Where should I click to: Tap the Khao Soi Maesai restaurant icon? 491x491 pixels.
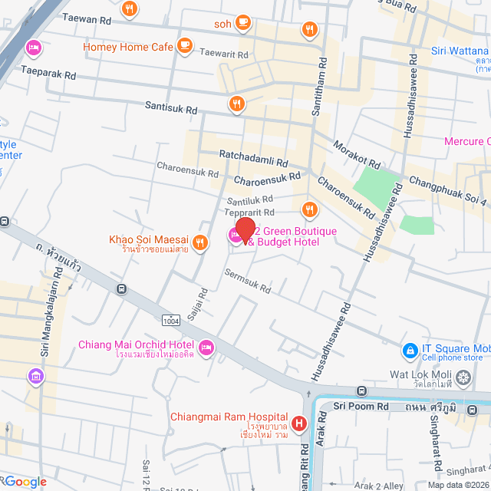tap(199, 243)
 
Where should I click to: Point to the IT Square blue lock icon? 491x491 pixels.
tap(410, 351)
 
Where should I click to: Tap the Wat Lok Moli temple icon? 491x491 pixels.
tap(463, 377)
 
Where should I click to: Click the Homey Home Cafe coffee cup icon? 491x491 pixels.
tap(184, 47)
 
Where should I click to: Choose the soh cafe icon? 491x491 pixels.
tap(243, 24)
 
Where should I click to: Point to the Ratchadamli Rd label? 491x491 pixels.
tap(253, 163)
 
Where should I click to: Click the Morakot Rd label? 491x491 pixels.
tap(357, 154)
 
